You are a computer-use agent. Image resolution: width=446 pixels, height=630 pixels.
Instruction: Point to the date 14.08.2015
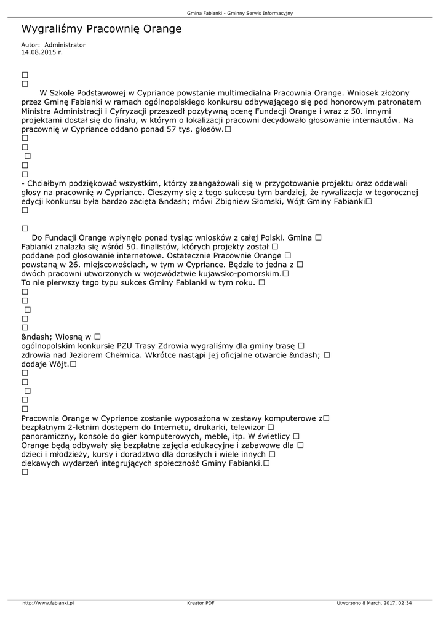click(x=38, y=52)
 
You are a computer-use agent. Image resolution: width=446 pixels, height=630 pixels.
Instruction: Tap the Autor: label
click(x=30, y=45)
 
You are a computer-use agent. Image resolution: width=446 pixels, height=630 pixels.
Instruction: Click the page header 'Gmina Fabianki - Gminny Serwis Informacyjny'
click(x=240, y=12)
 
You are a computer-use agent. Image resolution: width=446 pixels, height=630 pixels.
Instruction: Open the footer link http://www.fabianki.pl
click(x=48, y=603)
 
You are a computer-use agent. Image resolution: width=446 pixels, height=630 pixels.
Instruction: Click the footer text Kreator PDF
click(x=201, y=603)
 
